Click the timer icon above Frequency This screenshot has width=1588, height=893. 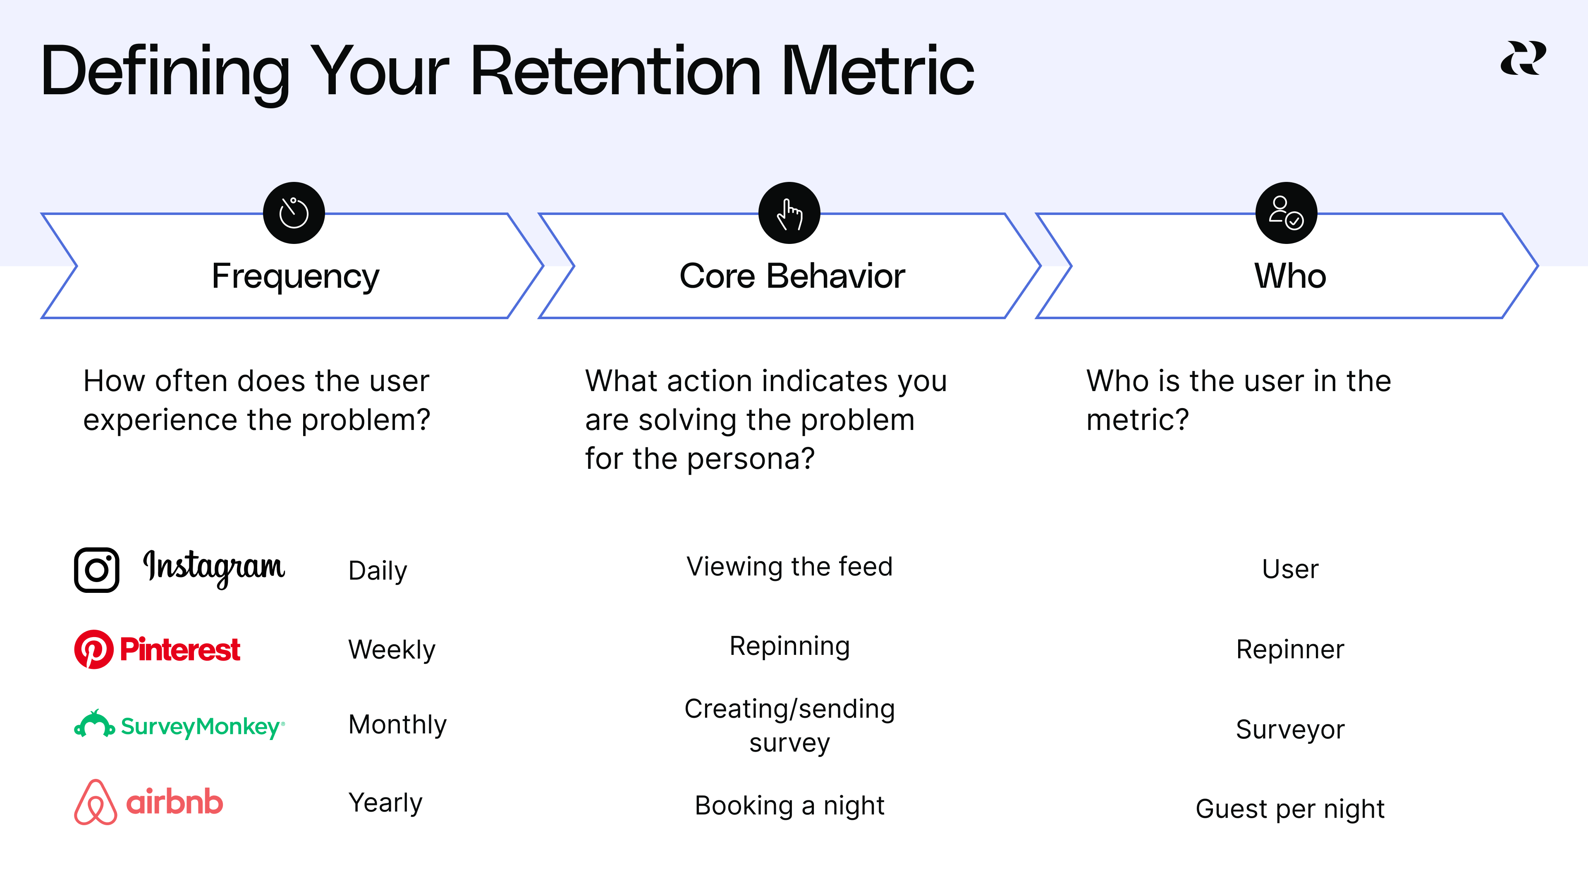294,213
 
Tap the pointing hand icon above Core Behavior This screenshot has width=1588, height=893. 789,213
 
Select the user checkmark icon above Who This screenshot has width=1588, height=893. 1286,213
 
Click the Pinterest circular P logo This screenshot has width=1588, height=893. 94,649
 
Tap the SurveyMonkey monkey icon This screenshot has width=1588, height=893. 94,724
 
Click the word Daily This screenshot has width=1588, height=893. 377,571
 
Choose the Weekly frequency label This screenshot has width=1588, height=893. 392,649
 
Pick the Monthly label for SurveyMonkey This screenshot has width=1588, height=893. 397,725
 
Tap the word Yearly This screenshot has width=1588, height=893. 385,802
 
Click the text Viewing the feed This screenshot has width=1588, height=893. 789,567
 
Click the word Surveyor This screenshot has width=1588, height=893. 1290,730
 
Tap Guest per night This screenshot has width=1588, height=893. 1290,809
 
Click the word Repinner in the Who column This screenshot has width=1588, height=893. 1290,649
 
